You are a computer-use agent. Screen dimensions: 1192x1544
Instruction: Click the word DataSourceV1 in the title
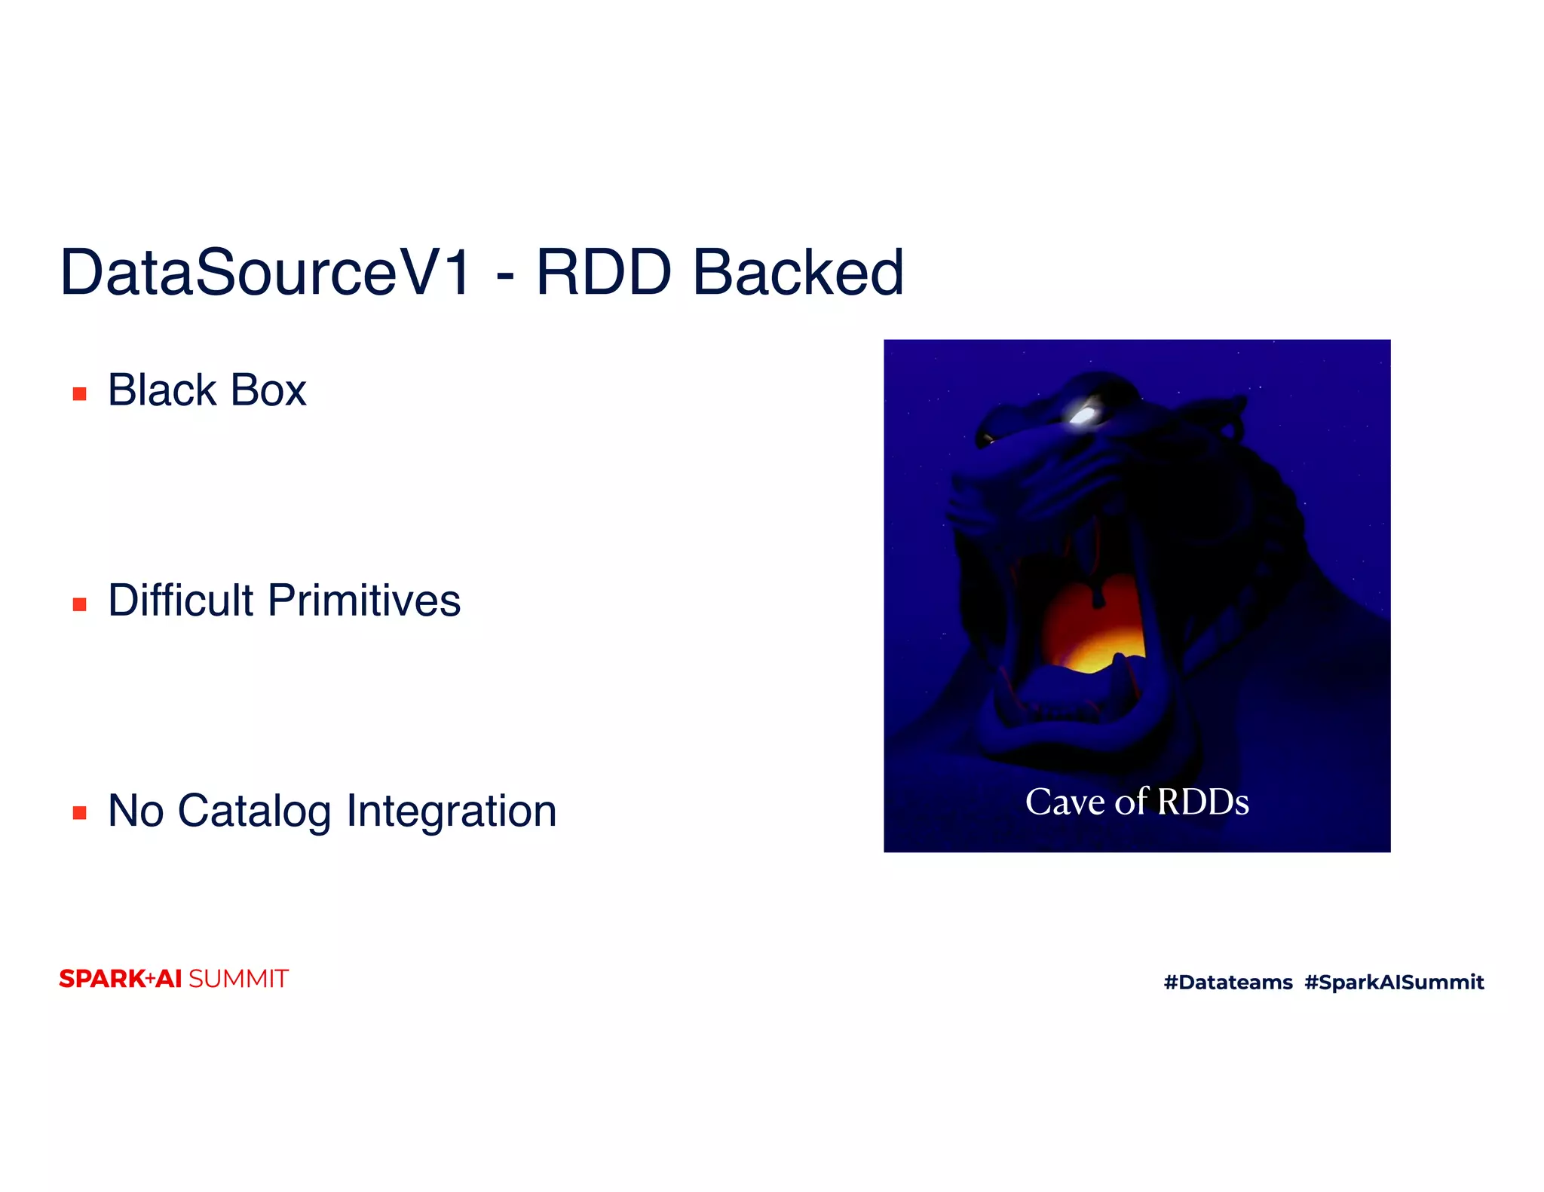265,273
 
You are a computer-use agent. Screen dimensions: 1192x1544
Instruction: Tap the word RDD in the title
603,273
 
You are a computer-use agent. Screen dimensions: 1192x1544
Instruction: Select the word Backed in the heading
798,273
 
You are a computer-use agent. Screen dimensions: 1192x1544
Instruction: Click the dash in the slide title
505,277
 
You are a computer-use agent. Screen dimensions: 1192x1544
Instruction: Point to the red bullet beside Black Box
79,393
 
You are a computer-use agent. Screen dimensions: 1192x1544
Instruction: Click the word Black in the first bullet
162,390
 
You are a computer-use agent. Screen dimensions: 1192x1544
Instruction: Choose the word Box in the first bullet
268,390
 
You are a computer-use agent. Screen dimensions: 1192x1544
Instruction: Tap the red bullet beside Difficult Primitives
79,604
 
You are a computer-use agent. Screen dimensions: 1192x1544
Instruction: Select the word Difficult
181,601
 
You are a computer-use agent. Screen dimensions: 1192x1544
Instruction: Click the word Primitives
364,601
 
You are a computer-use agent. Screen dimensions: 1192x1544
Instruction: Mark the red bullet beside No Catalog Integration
79,812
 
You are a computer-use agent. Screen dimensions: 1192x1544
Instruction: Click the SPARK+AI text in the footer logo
121,979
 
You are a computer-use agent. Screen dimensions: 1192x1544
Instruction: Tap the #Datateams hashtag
1228,982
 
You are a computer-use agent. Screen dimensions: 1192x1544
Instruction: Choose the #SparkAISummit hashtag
1394,982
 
